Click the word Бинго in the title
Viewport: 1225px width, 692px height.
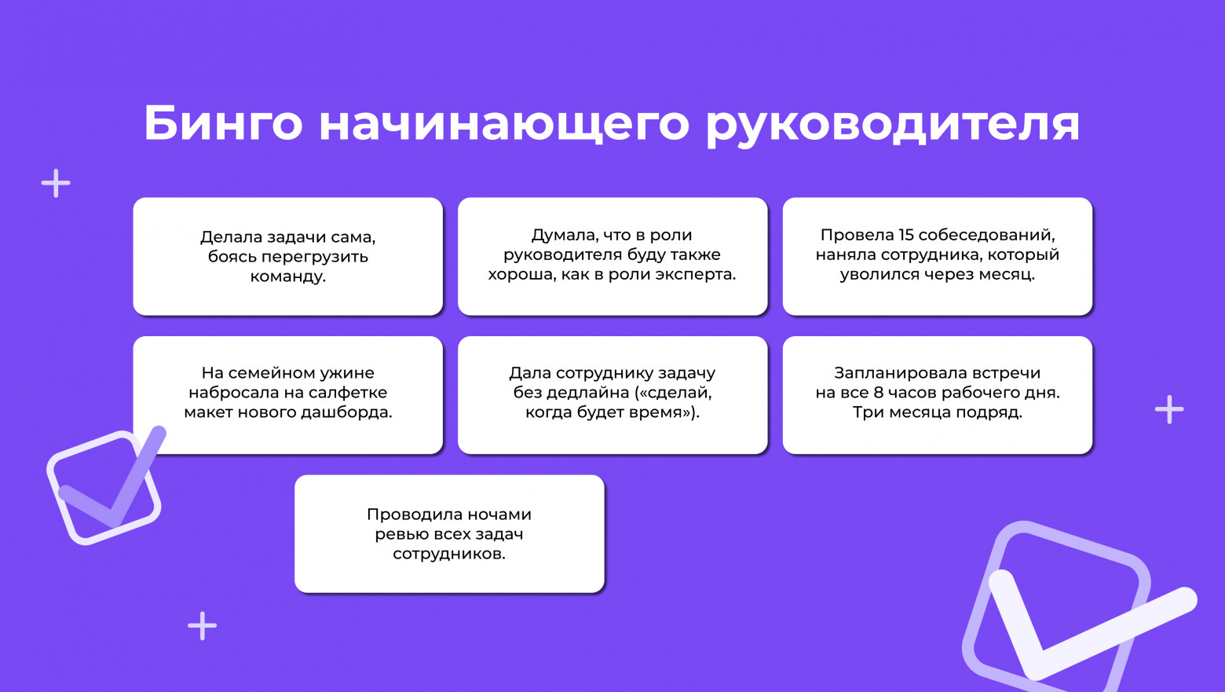tap(223, 123)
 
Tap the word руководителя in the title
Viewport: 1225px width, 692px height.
tap(893, 123)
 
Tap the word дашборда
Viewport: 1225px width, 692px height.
tap(352, 412)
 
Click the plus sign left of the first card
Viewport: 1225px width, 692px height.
tap(56, 184)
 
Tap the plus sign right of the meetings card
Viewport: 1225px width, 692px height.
tap(1169, 409)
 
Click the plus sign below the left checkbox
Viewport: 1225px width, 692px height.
tap(203, 626)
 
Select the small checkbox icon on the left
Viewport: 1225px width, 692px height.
tap(104, 486)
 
